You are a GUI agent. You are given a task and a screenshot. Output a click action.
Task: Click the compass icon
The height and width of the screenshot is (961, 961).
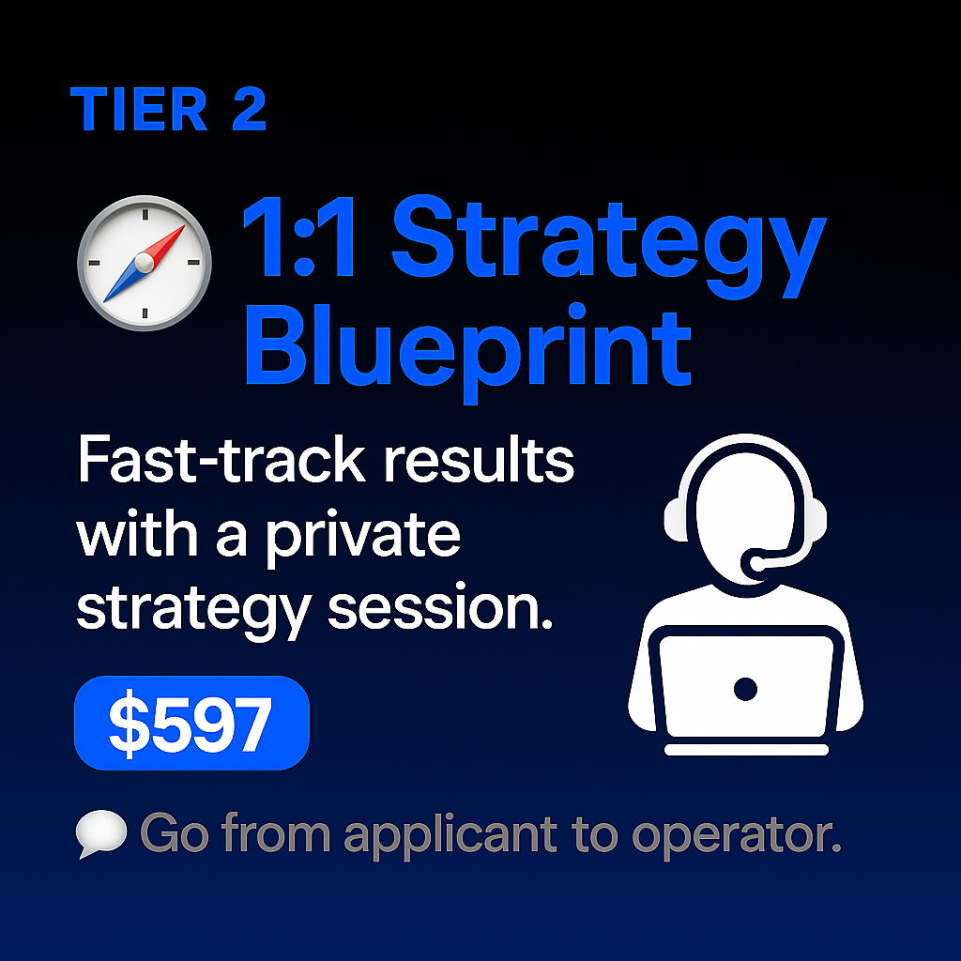(144, 263)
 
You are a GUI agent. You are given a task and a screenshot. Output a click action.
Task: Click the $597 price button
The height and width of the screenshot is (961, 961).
(191, 724)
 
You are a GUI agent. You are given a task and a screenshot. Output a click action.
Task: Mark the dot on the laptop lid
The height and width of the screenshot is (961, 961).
(745, 691)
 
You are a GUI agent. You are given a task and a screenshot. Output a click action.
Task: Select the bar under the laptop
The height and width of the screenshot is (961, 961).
(745, 750)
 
